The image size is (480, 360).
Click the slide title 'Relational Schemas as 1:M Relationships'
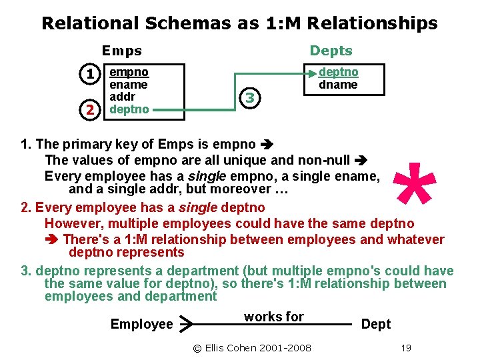(x=239, y=23)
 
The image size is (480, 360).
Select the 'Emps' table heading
(x=122, y=51)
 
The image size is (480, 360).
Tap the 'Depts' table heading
(x=331, y=51)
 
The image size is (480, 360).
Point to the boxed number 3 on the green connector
(x=249, y=98)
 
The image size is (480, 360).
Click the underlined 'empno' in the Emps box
(x=129, y=71)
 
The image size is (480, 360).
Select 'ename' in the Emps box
(x=129, y=84)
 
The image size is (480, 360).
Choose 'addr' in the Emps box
(x=123, y=97)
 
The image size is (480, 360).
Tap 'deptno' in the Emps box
(x=129, y=109)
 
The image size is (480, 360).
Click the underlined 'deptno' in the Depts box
(x=339, y=71)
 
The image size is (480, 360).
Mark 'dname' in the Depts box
(x=338, y=85)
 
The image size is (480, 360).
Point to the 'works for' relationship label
(x=273, y=317)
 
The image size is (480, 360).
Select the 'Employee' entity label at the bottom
(x=141, y=324)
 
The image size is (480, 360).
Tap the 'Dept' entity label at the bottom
(x=375, y=324)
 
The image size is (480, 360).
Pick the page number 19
(x=405, y=347)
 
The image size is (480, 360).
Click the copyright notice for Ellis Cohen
(x=251, y=347)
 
